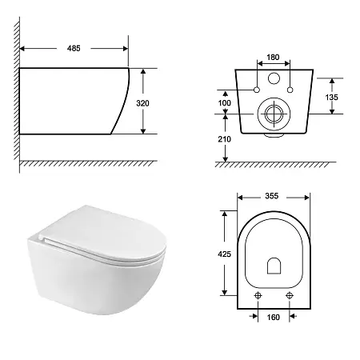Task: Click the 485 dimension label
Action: [74, 48]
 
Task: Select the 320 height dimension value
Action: [142, 103]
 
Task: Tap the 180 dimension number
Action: [273, 57]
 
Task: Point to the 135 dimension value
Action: [331, 98]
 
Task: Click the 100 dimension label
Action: [225, 102]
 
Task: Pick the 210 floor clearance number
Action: [224, 139]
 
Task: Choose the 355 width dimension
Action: [272, 196]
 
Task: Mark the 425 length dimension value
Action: [224, 254]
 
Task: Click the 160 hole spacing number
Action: [274, 317]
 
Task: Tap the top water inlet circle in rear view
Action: [274, 78]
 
